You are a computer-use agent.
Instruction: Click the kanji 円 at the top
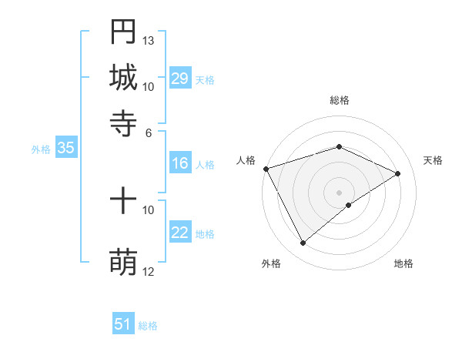point(123,32)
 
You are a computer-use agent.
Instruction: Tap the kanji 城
point(123,77)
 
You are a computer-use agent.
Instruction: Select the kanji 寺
point(123,122)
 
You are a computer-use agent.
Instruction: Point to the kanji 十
point(123,203)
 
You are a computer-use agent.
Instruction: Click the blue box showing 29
point(180,79)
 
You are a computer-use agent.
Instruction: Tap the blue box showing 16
point(180,163)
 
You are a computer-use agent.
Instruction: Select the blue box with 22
point(180,233)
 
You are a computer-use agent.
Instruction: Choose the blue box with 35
point(65,149)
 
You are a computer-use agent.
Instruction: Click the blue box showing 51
point(123,324)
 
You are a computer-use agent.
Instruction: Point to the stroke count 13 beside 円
point(149,40)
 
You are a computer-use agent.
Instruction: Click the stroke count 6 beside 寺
point(149,132)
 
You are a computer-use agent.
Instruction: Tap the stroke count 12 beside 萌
point(149,271)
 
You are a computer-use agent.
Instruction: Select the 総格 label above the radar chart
point(340,100)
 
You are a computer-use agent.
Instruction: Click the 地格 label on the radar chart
point(403,263)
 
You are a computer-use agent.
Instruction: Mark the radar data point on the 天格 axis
point(398,173)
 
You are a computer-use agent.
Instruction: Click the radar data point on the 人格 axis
point(266,168)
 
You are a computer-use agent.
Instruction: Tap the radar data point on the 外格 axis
point(303,243)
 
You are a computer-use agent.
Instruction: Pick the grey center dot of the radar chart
point(340,192)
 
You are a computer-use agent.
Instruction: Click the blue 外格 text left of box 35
point(41,149)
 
